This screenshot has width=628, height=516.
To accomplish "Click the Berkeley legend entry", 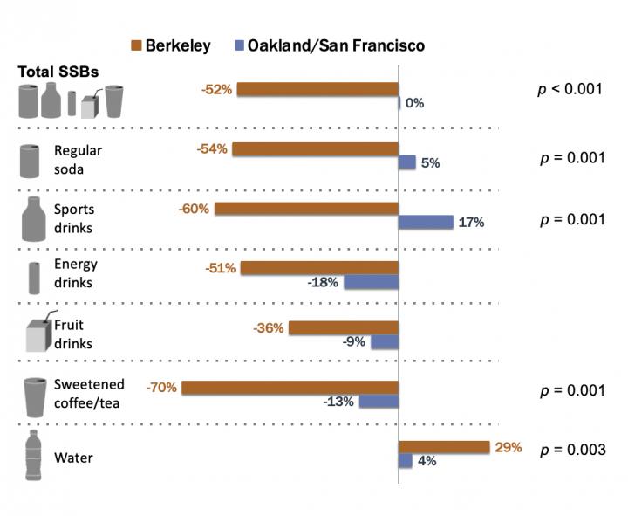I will [x=170, y=45].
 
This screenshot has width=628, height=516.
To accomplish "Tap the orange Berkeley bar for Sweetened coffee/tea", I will [x=290, y=387].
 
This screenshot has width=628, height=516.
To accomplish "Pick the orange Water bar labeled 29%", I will [x=444, y=447].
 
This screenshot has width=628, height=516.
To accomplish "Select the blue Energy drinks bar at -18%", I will [x=371, y=282].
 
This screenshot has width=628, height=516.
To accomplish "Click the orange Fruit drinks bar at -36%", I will [x=344, y=328].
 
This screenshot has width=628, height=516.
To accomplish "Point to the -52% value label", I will [x=217, y=89].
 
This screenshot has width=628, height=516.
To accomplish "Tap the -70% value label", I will [x=162, y=387].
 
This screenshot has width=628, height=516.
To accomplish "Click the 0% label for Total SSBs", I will [x=414, y=103].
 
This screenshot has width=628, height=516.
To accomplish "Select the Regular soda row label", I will [x=77, y=158].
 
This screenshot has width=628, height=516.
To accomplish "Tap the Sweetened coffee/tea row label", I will [x=89, y=393].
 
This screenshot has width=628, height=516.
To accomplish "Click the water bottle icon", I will [x=33, y=454].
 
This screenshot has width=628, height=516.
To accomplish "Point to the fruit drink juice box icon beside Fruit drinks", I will [x=35, y=332].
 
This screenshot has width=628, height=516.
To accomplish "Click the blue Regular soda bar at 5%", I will [x=406, y=162].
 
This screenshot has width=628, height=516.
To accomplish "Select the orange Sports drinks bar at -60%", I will [x=306, y=209].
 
